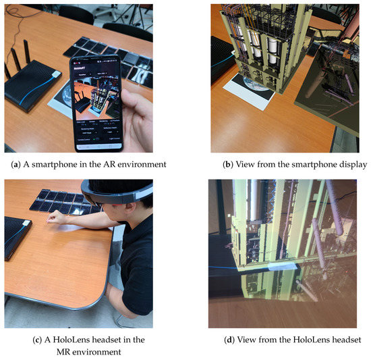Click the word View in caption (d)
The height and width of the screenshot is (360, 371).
(x=254, y=338)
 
